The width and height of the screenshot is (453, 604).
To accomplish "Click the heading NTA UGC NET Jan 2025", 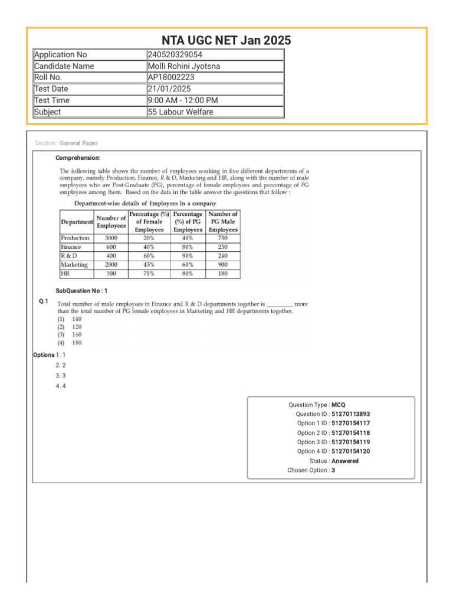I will pos(226,40).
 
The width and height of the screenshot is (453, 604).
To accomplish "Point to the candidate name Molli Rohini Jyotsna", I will pos(183,66).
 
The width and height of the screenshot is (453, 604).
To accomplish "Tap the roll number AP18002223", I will pos(171,77).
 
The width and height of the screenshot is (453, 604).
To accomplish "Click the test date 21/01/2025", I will pos(169,89).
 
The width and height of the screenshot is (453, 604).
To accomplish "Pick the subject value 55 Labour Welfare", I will pos(180,112).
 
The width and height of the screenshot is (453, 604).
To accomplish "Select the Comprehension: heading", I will pos(78,158).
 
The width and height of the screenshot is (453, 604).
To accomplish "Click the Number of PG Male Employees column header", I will pos(224,222).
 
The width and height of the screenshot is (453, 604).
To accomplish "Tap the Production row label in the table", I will pos(75,238).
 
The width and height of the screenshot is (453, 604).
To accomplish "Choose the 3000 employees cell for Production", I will pos(111,238).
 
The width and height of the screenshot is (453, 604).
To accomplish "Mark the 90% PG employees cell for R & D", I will pos(188,256).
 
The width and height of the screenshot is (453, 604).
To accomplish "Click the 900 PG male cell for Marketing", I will pos(224,265).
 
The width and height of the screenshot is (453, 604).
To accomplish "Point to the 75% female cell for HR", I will pos(149,274).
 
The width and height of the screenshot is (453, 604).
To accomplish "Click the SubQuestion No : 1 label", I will pos(81,291).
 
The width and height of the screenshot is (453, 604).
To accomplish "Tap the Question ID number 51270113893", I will pos(351,414).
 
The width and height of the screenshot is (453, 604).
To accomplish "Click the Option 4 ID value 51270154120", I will pos(351,452).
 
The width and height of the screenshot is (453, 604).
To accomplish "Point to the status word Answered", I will pos(345,461).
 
